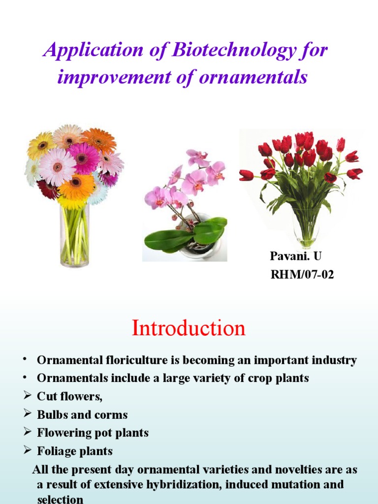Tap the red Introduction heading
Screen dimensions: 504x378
click(189, 328)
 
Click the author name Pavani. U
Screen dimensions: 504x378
click(295, 256)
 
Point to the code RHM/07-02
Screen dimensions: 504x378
click(302, 275)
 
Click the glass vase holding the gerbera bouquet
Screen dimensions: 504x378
click(75, 236)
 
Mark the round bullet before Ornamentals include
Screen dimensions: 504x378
click(23, 378)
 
